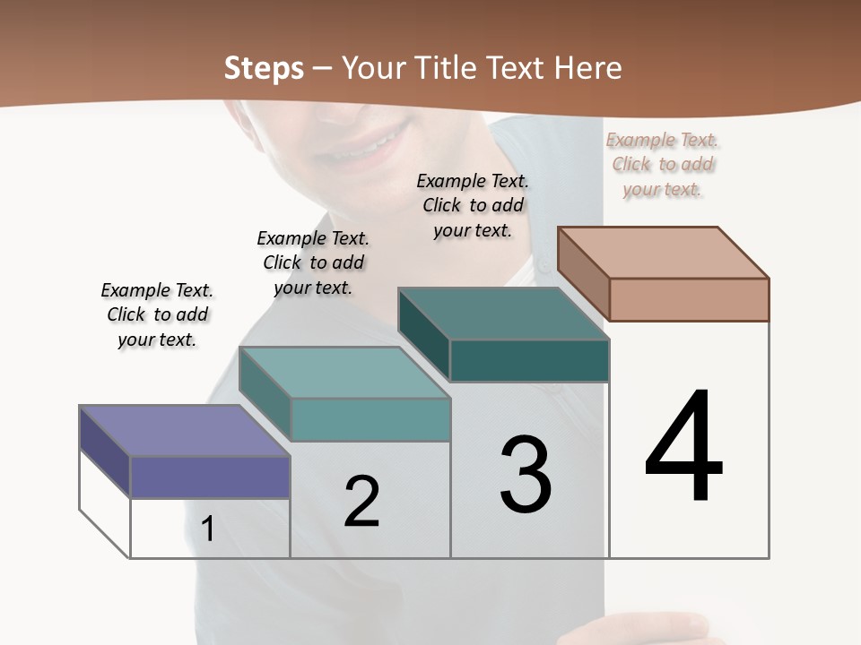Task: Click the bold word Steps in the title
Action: (264, 68)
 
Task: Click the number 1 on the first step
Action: (208, 529)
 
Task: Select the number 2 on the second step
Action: (361, 501)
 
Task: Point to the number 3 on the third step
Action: (526, 475)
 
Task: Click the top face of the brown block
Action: (664, 253)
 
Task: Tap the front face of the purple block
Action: (210, 477)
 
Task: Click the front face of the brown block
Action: (689, 299)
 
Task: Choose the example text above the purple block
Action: (157, 314)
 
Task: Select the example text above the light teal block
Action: (313, 262)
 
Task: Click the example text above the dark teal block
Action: (473, 205)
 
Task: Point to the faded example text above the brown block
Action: (663, 164)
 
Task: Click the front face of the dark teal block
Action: (529, 360)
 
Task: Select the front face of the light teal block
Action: (370, 419)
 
